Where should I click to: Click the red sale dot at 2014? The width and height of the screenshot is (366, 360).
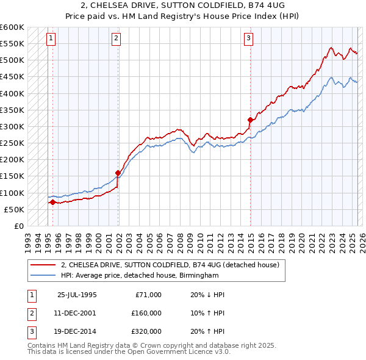pyautogui.click(x=251, y=120)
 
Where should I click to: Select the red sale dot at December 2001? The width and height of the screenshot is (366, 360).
pyautogui.click(x=118, y=173)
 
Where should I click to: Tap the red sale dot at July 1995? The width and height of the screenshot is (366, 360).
pyautogui.click(x=52, y=202)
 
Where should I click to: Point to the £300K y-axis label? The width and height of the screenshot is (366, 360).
pyautogui.click(x=12, y=126)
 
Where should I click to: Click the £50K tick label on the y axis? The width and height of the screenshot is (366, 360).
pyautogui.click(x=14, y=209)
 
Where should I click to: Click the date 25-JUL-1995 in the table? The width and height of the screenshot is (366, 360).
pyautogui.click(x=77, y=295)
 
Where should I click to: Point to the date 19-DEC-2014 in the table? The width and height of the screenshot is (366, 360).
pyautogui.click(x=77, y=331)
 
